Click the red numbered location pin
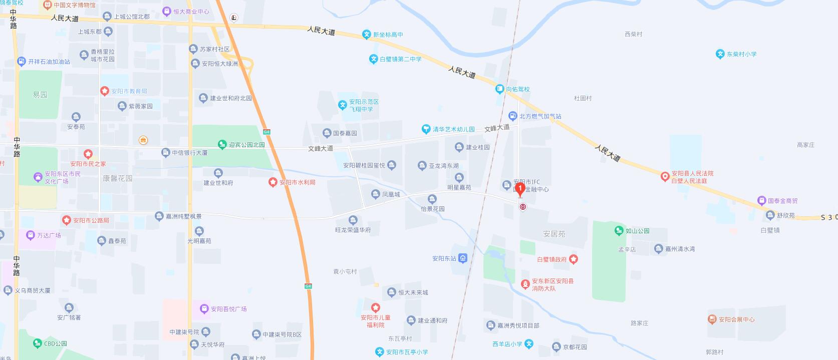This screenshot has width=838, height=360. pyautogui.click(x=520, y=189)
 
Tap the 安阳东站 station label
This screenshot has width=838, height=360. pyautogui.click(x=444, y=259)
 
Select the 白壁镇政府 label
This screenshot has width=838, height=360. pyautogui.click(x=551, y=259)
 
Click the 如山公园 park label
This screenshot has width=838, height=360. pyautogui.click(x=637, y=231)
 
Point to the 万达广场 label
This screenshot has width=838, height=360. pyautogui.click(x=49, y=235)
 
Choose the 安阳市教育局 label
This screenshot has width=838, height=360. pyautogui.click(x=129, y=91)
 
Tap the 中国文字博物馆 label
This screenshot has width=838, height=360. pyautogui.click(x=74, y=5)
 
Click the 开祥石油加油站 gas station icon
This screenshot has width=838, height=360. pyautogui.click(x=21, y=62)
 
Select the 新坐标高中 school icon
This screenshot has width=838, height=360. pyautogui.click(x=367, y=35)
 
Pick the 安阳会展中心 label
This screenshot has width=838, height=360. pyautogui.click(x=736, y=319)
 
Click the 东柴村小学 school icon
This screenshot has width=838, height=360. pyautogui.click(x=720, y=54)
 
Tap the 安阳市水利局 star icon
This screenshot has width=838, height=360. pyautogui.click(x=272, y=182)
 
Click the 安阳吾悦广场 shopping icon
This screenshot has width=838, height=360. pyautogui.click(x=204, y=308)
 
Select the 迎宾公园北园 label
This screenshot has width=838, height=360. pyautogui.click(x=246, y=145)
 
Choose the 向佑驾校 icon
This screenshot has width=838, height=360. pyautogui.click(x=499, y=89)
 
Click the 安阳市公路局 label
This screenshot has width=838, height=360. pyautogui.click(x=91, y=220)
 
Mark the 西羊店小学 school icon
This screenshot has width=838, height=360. pyautogui.click(x=529, y=344)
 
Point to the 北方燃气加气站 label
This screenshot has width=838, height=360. pyautogui.click(x=540, y=116)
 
